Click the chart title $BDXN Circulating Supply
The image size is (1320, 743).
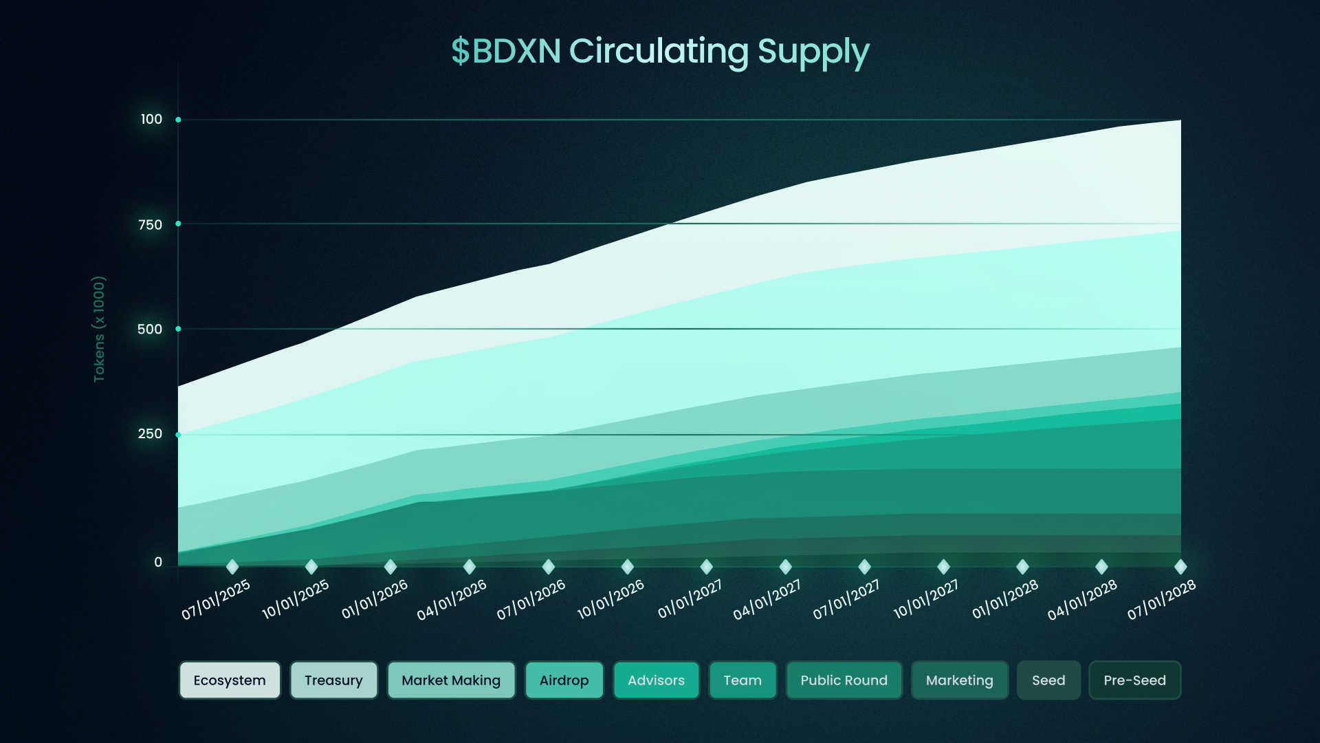pyautogui.click(x=660, y=52)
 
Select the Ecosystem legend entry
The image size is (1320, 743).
pyautogui.click(x=230, y=680)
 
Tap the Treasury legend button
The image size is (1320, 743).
pyautogui.click(x=333, y=680)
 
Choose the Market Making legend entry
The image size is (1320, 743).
pyautogui.click(x=451, y=680)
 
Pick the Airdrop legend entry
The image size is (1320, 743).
pyautogui.click(x=564, y=680)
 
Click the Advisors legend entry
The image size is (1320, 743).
pyautogui.click(x=656, y=680)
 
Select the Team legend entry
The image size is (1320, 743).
pyautogui.click(x=742, y=680)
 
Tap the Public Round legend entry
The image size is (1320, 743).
pyautogui.click(x=844, y=680)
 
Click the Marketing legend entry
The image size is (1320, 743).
pyautogui.click(x=959, y=680)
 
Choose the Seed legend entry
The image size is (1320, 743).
pyautogui.click(x=1048, y=680)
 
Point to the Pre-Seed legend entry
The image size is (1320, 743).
pyautogui.click(x=1134, y=680)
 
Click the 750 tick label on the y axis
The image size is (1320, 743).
pyautogui.click(x=150, y=225)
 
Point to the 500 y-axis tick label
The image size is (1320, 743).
pyautogui.click(x=150, y=330)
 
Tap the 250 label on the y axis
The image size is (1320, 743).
pyautogui.click(x=150, y=434)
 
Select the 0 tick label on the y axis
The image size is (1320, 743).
pyautogui.click(x=158, y=562)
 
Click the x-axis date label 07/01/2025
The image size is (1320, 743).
pyautogui.click(x=216, y=599)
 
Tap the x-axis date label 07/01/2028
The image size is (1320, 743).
pyautogui.click(x=1161, y=599)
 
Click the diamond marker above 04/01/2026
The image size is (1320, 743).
pyautogui.click(x=470, y=567)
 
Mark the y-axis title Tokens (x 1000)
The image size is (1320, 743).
pyautogui.click(x=100, y=329)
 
